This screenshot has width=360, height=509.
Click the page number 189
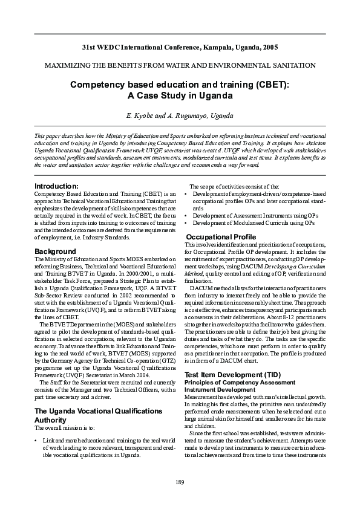click(180, 481)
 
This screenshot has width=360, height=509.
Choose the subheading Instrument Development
click(220, 389)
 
